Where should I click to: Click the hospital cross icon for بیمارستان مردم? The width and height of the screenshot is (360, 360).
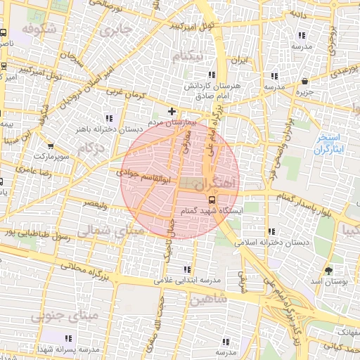point(172,111)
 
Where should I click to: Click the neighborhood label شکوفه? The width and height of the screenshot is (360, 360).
point(39,29)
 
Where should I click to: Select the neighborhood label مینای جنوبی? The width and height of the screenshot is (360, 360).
point(57,316)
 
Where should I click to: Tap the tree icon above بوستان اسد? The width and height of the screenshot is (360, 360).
point(328,271)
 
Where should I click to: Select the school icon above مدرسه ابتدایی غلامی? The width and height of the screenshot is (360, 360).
point(187,269)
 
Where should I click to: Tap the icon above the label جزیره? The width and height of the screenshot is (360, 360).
point(304,82)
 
